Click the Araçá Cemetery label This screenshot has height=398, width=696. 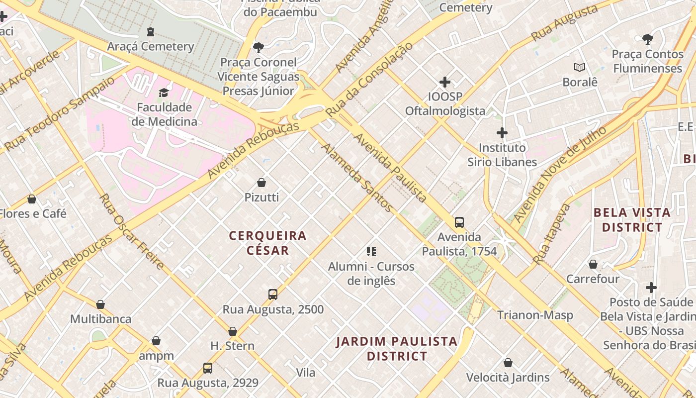point(151,46)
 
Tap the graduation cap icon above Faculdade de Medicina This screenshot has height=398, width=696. point(164,93)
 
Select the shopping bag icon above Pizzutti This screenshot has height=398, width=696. point(261,183)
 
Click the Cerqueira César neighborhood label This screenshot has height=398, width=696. point(268,243)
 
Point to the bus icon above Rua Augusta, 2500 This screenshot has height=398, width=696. point(273,294)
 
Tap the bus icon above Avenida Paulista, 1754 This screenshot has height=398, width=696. point(459,222)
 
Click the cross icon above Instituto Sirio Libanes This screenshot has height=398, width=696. point(502,133)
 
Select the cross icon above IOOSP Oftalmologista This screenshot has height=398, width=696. point(445,82)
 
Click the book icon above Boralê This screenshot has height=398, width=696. point(580,67)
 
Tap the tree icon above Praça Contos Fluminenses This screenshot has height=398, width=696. point(647,39)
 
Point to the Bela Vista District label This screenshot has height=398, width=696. point(632,220)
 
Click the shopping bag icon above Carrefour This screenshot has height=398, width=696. point(593,264)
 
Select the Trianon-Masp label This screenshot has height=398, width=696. point(535,315)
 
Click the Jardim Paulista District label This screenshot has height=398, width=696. point(397,349)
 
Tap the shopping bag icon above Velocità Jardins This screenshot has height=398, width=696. point(508,363)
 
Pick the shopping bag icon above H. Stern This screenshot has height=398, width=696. point(233,331)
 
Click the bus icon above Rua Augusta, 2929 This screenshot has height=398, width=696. point(208,368)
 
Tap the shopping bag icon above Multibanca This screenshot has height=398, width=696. point(100,304)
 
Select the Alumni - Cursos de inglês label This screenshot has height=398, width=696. point(371,273)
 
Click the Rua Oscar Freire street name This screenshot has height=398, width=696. point(131,231)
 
